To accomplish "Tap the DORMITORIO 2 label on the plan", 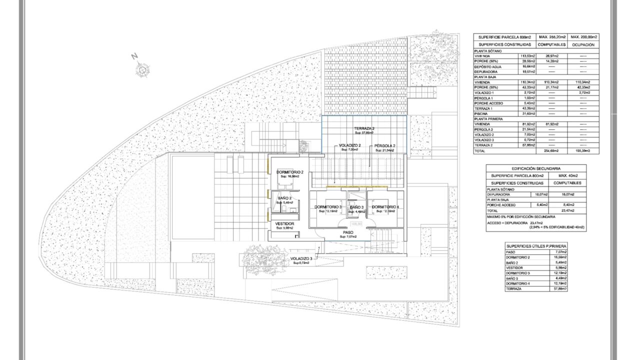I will (x=289, y=172).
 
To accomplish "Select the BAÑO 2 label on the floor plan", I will (x=285, y=198).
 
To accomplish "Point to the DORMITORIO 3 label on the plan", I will (x=328, y=207).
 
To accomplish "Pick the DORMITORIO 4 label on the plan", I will (x=385, y=207).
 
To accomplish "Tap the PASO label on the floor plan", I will (x=348, y=232).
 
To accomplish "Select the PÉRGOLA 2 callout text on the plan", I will (x=385, y=145).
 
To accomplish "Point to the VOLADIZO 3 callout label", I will (x=301, y=258).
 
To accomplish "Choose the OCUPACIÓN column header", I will (x=583, y=44).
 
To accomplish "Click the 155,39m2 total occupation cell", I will (x=583, y=150).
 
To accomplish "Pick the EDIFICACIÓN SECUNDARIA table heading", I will (x=536, y=168).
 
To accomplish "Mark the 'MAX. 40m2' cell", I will (x=567, y=175).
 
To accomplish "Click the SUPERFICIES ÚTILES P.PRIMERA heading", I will (x=536, y=246).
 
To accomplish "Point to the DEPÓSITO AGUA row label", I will (x=488, y=66).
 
